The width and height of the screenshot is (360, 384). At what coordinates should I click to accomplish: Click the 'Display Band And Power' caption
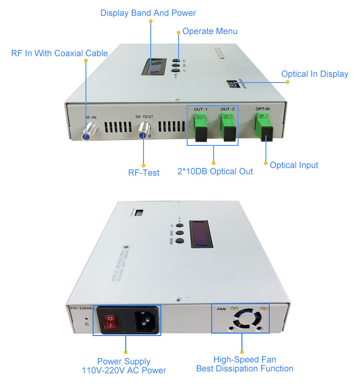click(148, 13)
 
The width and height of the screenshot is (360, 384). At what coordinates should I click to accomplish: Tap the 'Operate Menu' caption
click(210, 31)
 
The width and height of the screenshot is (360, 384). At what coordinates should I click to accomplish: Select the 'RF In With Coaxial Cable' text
click(60, 53)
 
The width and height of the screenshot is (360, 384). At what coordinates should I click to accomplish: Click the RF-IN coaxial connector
click(88, 131)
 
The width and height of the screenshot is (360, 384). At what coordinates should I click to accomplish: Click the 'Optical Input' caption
click(294, 165)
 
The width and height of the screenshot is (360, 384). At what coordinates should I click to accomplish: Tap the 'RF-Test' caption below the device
click(143, 172)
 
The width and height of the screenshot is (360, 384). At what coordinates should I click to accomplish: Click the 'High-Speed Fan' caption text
click(245, 360)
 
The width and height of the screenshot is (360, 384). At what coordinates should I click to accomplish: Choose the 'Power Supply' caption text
click(124, 361)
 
